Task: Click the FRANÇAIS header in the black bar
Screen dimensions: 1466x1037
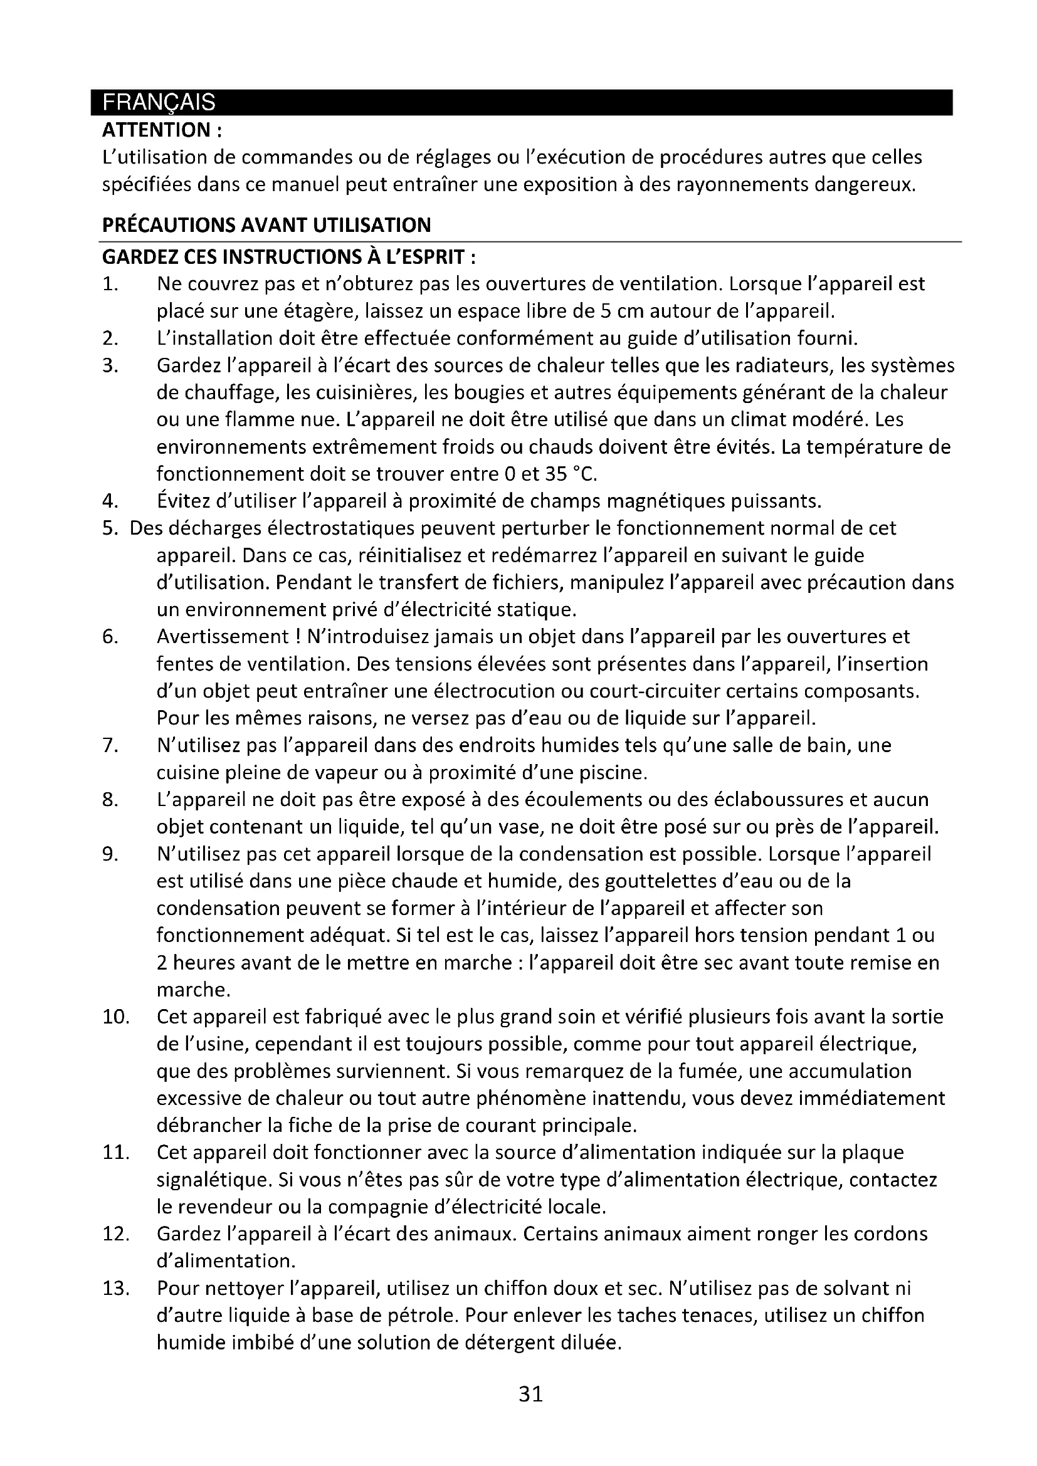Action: coord(159,102)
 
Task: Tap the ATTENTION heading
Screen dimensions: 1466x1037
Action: coord(162,130)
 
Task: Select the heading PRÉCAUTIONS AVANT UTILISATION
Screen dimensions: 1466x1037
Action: coord(266,225)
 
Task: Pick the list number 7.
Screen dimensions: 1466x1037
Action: coord(109,745)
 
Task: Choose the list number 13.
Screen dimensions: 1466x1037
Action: coord(116,1289)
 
